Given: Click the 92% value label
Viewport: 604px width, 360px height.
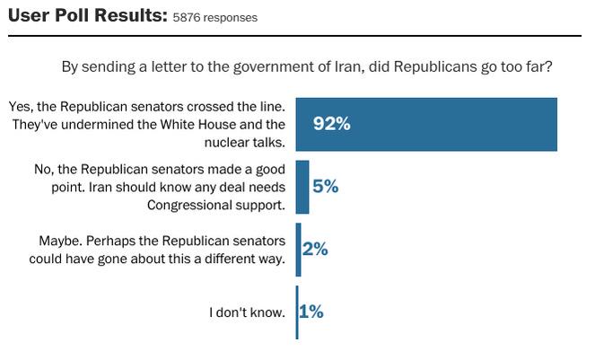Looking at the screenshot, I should pos(331,124).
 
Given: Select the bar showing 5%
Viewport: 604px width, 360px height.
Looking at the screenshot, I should pos(302,187).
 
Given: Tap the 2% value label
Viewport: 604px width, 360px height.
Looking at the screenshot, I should pos(315,250).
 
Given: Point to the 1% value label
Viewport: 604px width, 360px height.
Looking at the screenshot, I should pos(311,312).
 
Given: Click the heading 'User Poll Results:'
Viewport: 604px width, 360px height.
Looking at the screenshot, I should pos(86,15).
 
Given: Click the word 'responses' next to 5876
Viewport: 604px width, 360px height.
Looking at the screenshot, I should pos(231,18).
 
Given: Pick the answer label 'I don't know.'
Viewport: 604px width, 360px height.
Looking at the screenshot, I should pos(248,312).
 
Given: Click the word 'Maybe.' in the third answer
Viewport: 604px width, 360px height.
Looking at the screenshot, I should pos(61,241).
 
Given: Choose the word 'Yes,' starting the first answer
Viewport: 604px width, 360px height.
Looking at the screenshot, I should pos(20,106).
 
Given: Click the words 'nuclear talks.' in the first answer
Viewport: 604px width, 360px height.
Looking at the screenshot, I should pos(246,142).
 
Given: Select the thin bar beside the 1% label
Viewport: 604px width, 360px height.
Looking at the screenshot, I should pos(297,312).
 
